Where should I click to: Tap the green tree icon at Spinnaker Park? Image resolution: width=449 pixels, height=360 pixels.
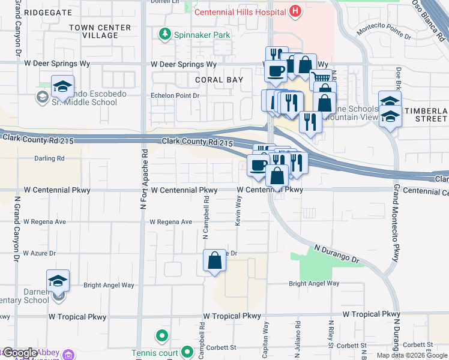click(164, 35)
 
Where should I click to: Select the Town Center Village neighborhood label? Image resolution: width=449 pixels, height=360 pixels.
click(100, 31)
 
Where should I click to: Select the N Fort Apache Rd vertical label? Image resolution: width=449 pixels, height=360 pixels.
click(143, 179)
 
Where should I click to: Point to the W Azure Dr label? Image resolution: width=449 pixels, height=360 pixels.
click(39, 254)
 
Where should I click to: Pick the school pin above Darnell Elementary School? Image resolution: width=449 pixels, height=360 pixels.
click(58, 280)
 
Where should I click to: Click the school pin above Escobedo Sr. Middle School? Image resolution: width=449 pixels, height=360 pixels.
click(62, 86)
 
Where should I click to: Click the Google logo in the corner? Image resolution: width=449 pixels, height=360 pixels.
click(20, 353)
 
